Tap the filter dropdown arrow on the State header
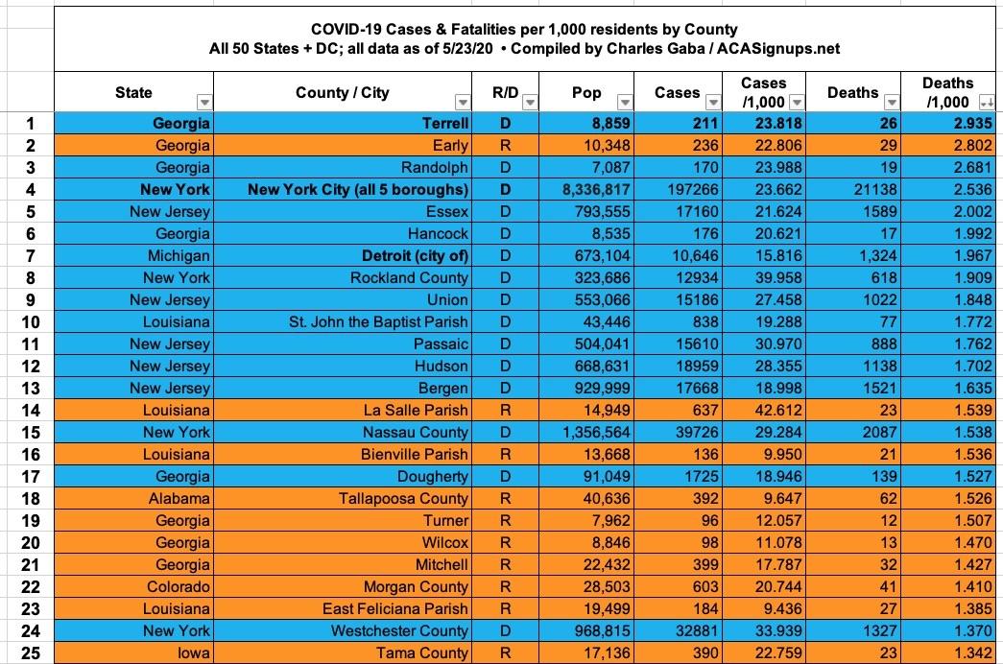203,102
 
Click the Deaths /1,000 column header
946,92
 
